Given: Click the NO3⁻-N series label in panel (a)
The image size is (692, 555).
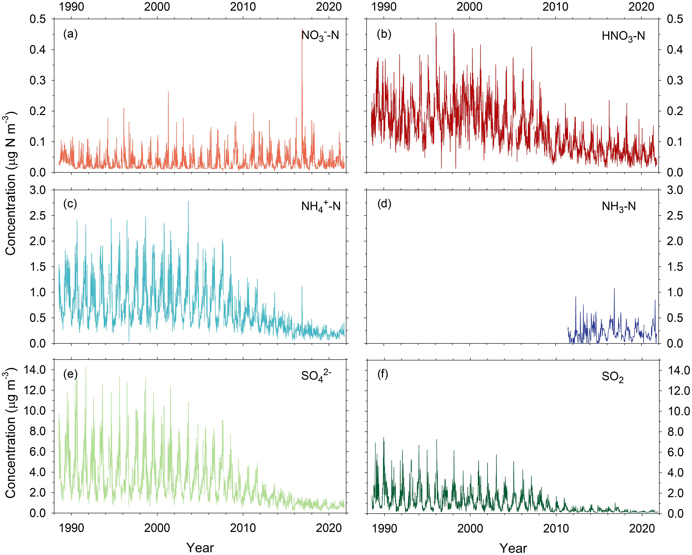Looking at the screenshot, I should pyautogui.click(x=320, y=35).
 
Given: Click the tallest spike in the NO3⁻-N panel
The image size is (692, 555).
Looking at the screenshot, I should pyautogui.click(x=302, y=31).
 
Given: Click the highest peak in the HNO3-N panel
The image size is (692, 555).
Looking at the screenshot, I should pyautogui.click(x=436, y=23).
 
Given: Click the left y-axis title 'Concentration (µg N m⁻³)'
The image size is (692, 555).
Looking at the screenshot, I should pyautogui.click(x=11, y=183).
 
